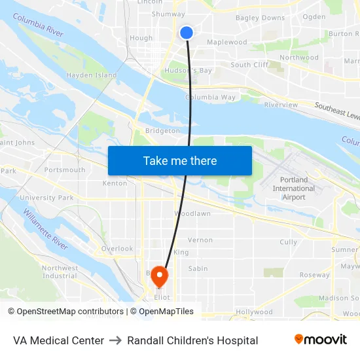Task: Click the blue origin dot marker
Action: (x=187, y=32)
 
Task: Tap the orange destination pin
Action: (x=159, y=277)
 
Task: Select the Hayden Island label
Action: (x=92, y=75)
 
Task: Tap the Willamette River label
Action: (x=46, y=228)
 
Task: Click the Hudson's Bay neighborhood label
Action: (x=188, y=70)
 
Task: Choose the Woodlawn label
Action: (x=192, y=214)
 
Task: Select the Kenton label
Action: (x=115, y=183)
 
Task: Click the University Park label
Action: (x=46, y=198)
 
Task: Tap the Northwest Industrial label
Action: (x=60, y=272)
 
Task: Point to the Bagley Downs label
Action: (x=260, y=18)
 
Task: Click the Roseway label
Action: (x=314, y=275)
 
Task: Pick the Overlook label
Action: (x=117, y=249)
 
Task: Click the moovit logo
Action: (x=320, y=339)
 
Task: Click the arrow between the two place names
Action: (x=115, y=340)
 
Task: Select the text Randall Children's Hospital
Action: (x=192, y=340)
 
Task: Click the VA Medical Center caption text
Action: (x=58, y=340)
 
